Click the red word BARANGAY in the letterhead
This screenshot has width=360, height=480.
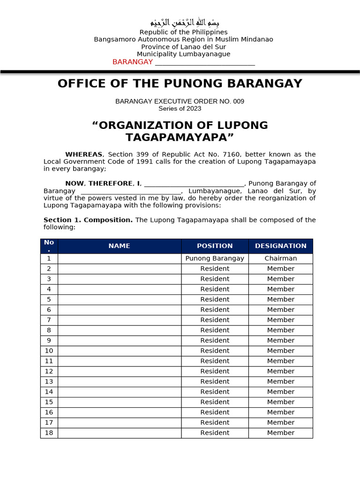tap(133, 62)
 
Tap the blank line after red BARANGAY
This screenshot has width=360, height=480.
tap(205, 62)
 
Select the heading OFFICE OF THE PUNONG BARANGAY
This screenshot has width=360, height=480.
tap(180, 83)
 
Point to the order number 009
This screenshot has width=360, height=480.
tap(238, 101)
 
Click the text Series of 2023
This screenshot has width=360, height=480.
tap(180, 108)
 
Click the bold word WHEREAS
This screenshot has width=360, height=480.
tap(84, 154)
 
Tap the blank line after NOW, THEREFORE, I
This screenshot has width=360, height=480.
tap(194, 183)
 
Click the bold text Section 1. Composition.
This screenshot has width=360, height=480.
tap(88, 220)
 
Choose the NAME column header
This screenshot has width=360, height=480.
tap(120, 246)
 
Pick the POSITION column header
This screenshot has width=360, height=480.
tap(215, 246)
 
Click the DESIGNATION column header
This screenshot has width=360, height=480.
tap(280, 246)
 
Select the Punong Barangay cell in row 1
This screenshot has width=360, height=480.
tap(215, 258)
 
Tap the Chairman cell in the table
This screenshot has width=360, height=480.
tap(280, 258)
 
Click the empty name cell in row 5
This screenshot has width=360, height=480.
tap(120, 300)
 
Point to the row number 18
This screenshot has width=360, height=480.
tap(49, 433)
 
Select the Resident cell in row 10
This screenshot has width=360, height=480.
tap(215, 351)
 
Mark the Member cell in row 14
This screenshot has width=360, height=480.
tap(280, 392)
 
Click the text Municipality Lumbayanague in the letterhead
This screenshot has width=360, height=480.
tap(184, 54)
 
